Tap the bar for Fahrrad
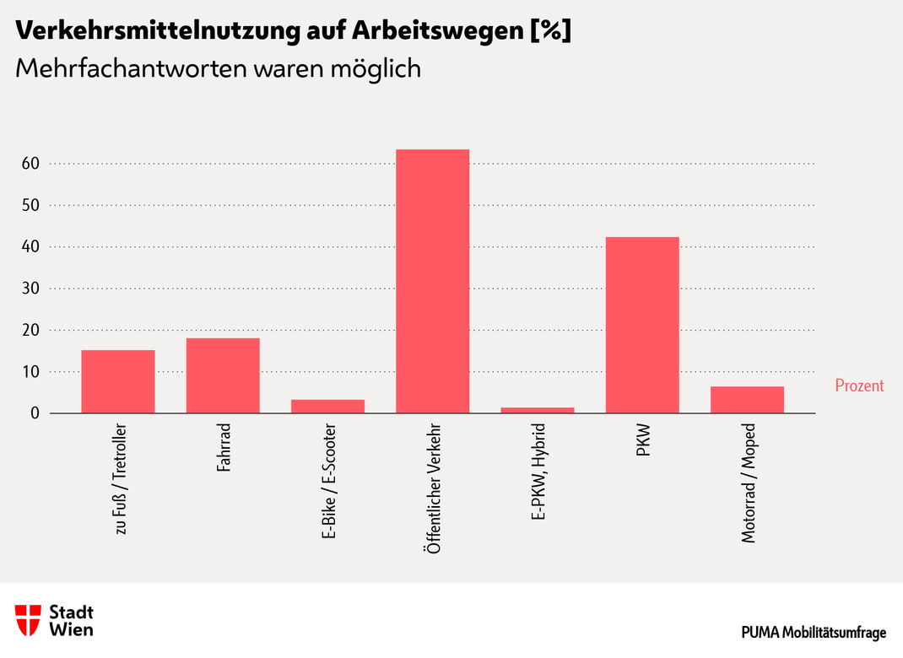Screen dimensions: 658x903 coord(223,375)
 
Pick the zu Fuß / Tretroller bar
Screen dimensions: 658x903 coord(118,381)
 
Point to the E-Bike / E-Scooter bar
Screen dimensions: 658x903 coord(327,407)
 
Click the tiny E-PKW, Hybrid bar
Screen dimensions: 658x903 coord(538,410)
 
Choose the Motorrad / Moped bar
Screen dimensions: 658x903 coord(747,400)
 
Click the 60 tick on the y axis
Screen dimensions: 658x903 coord(30,164)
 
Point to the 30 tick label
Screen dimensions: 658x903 coord(30,289)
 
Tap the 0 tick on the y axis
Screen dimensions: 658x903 coord(35,413)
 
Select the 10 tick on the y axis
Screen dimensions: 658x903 coord(30,372)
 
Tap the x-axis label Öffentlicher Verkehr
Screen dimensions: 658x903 coord(433,488)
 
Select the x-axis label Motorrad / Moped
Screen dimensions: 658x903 coord(748,482)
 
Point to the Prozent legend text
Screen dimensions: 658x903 coord(859,386)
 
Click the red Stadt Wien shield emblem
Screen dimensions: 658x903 coord(28,620)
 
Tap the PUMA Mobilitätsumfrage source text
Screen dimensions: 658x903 coord(814,633)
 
